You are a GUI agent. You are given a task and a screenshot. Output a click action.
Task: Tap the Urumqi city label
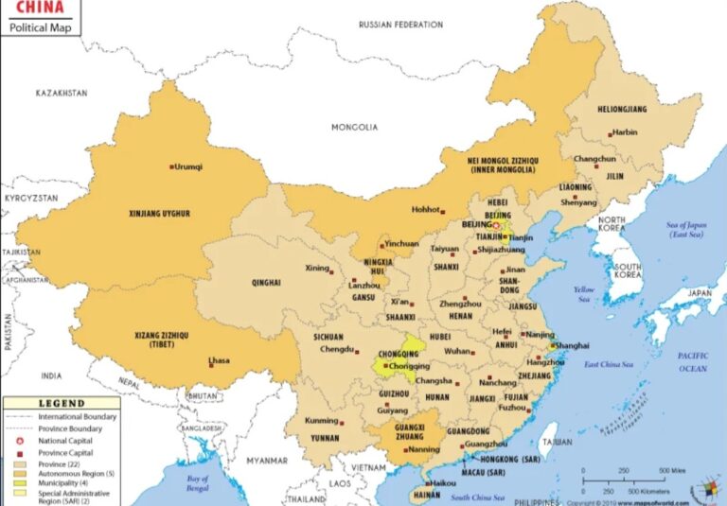[x=189, y=167]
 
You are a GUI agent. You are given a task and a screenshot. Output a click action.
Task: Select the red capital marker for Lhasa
[x=211, y=362]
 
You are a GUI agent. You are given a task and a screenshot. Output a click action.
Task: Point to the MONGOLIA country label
[x=354, y=127]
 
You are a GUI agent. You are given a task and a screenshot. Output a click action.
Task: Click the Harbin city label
[x=625, y=133]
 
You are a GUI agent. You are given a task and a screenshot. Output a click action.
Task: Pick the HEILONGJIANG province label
[x=622, y=110]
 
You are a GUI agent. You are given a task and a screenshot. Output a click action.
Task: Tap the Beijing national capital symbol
[x=495, y=226]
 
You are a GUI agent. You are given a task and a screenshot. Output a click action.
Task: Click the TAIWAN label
[x=558, y=442]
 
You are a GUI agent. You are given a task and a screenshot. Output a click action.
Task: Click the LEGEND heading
[x=61, y=403]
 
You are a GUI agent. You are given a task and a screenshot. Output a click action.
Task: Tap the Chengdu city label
[x=337, y=349]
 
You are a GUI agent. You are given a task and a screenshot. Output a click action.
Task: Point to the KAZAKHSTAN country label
[x=62, y=93]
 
